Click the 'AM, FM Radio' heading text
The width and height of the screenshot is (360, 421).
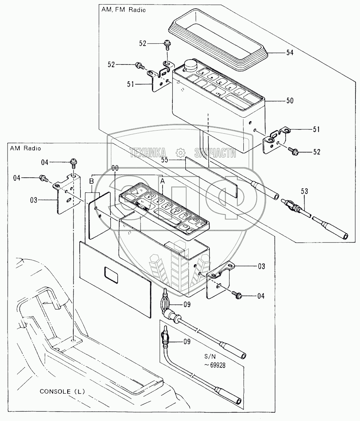123,10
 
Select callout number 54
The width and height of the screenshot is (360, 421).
290,53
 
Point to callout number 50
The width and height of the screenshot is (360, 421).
290,101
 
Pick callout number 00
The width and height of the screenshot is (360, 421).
115,168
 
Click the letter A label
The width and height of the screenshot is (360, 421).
163,181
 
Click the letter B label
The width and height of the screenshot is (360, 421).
91,181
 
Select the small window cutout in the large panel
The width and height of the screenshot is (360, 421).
110,274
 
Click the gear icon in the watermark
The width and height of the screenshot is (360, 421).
180,153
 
